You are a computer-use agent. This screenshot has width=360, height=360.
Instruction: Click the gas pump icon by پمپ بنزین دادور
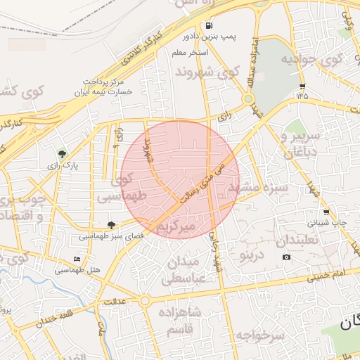210,27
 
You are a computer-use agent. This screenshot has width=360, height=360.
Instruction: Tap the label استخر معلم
188,52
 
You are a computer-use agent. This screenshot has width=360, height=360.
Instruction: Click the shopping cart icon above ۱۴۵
302,86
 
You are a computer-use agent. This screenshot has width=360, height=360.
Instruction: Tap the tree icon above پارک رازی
63,154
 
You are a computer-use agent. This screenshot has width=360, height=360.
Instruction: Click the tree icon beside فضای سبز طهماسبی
111,225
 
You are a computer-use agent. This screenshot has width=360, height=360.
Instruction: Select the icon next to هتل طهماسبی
77,259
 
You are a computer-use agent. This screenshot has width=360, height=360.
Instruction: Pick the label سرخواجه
261,335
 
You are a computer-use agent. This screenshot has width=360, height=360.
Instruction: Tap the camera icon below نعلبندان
286,257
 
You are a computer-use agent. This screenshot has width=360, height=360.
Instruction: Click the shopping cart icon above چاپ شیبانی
326,212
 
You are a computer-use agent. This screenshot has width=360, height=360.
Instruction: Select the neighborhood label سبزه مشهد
257,189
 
